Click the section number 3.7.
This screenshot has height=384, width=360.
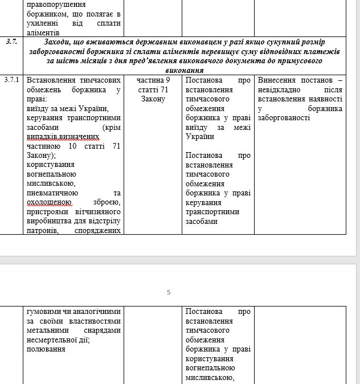pos(11,42)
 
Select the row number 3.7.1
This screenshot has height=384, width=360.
pos(11,80)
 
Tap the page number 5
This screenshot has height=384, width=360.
pos(169,292)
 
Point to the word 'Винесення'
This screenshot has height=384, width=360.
pos(277,80)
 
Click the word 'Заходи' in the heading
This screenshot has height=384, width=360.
pos(59,42)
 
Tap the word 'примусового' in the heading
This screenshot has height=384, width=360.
pos(301,60)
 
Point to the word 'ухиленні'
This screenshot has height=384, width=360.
pos(44,23)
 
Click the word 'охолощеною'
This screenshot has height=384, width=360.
pos(49,202)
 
